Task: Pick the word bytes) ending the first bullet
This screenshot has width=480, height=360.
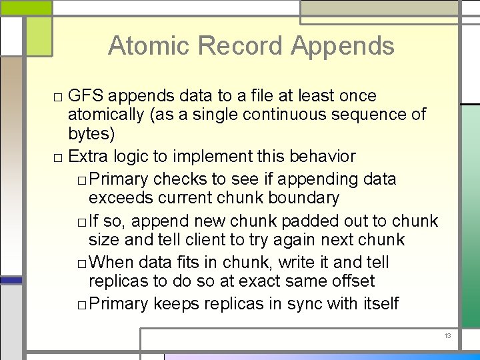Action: coord(92,133)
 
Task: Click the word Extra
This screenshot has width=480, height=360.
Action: coord(88,157)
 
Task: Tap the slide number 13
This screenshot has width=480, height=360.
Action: coord(447,336)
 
